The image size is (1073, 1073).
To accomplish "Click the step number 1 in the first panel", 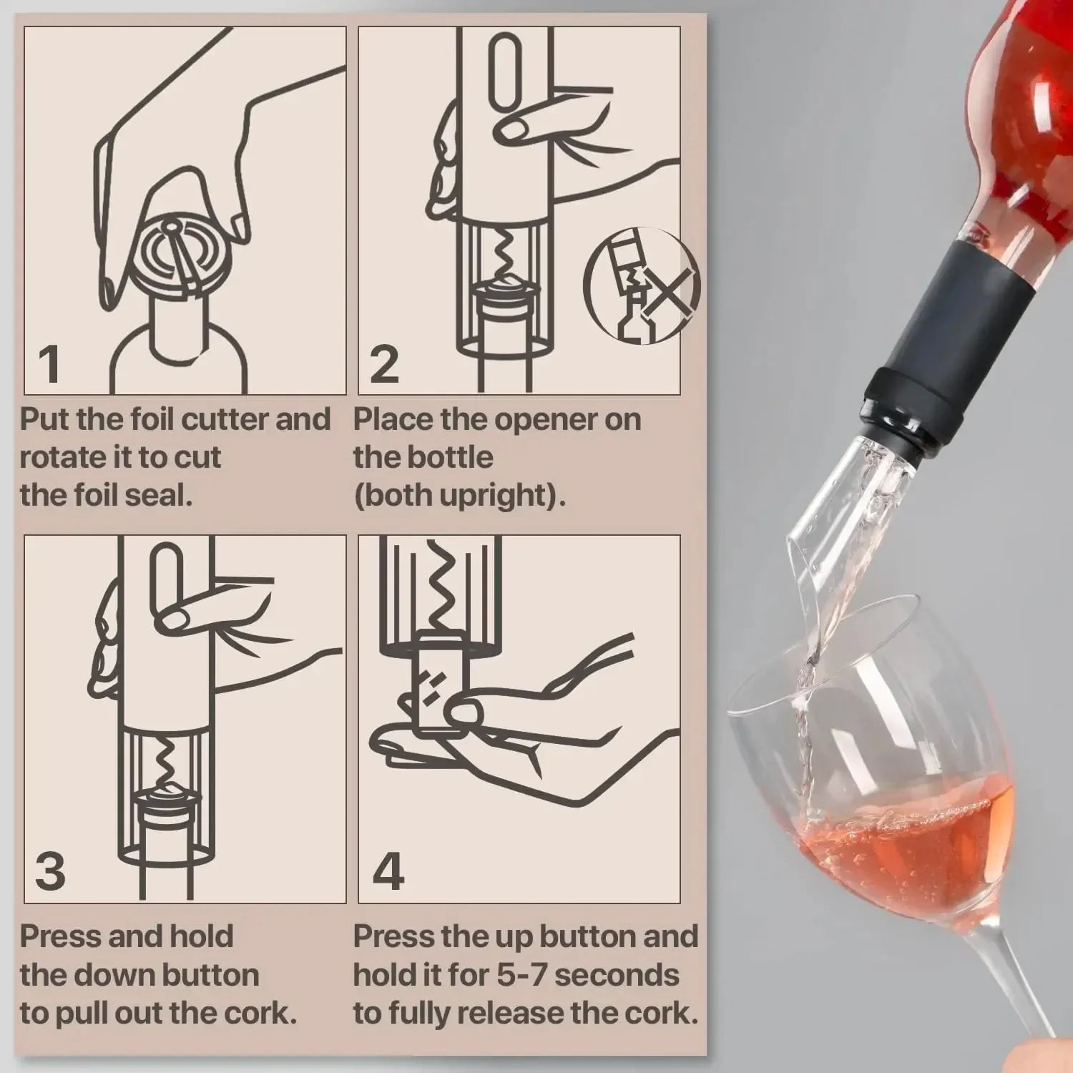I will point(49,364).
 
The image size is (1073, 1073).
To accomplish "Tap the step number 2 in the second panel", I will point(384,364).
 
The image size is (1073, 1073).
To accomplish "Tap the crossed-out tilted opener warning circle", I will point(642,285).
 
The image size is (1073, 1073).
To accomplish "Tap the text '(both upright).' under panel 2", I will point(459,495).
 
